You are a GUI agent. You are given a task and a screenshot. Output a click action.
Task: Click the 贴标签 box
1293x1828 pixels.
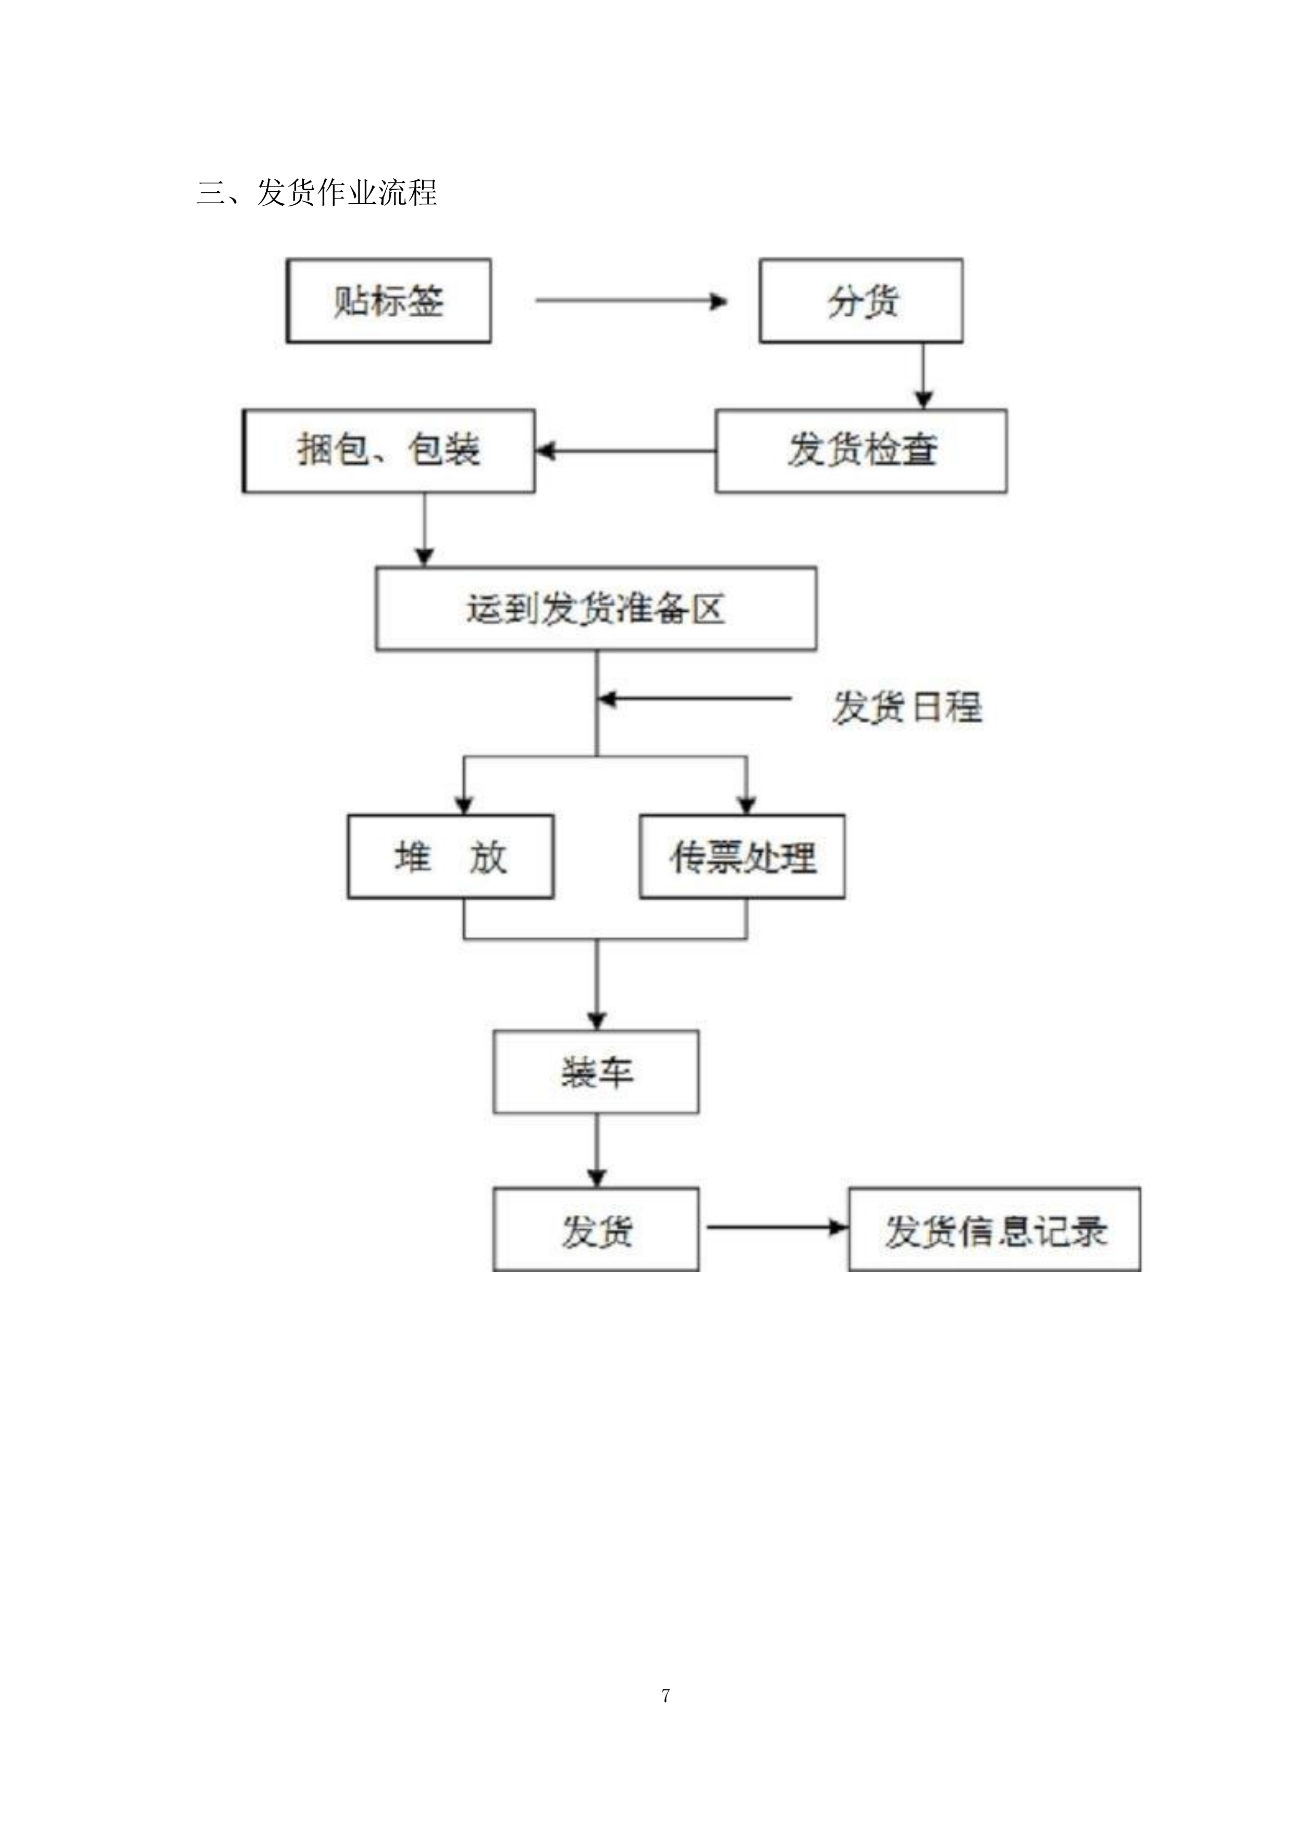(x=389, y=301)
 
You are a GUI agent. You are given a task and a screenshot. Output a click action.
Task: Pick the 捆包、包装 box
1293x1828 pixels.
(x=389, y=451)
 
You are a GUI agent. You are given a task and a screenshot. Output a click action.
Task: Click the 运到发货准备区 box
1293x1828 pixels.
(x=596, y=609)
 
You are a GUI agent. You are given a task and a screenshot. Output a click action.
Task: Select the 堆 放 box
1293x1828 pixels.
(x=451, y=857)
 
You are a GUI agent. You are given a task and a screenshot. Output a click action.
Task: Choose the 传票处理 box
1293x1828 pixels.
(x=742, y=857)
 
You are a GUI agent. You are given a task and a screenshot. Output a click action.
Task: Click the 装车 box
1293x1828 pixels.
(x=596, y=1072)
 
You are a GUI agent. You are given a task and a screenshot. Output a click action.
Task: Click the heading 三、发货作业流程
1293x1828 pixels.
(x=317, y=193)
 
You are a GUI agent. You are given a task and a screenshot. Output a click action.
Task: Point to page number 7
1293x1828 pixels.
(x=666, y=1696)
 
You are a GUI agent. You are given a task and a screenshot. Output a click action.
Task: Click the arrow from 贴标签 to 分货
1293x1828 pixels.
(x=631, y=301)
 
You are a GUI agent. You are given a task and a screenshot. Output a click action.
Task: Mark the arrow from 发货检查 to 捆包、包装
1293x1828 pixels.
(x=625, y=451)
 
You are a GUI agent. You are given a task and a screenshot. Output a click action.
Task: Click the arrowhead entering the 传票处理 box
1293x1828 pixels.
(x=746, y=806)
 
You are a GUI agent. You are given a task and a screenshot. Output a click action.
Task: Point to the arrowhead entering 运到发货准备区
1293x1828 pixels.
(x=424, y=558)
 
